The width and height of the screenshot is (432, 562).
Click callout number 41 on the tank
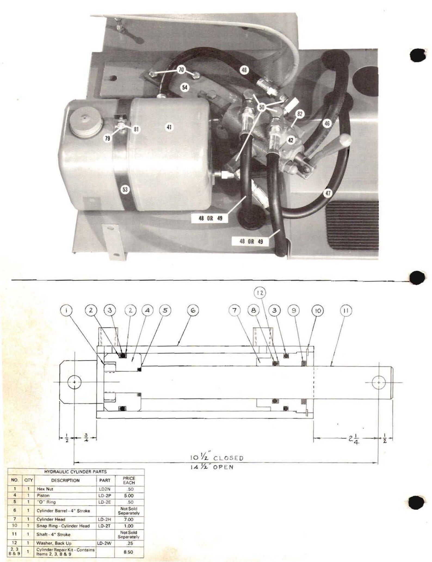coord(169,127)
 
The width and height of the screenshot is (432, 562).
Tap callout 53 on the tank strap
coord(125,189)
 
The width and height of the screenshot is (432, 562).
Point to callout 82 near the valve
coord(300,114)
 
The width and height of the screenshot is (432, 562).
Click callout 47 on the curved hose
coord(328,193)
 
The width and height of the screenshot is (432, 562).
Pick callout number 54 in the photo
coord(185,87)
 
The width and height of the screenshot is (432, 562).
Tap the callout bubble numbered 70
coord(181,70)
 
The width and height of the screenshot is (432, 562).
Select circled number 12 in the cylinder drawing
coord(260,293)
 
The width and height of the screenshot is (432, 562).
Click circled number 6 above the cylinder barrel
coord(193,310)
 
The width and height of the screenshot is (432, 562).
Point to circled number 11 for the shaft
coord(346,310)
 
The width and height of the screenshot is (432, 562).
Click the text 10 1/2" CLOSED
coord(217,458)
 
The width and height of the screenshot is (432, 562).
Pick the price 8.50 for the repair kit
coord(129,552)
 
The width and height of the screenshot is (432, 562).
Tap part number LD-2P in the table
coord(105,495)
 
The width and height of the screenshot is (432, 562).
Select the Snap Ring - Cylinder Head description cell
coord(63,526)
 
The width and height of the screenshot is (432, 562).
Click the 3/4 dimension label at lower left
coord(85,440)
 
